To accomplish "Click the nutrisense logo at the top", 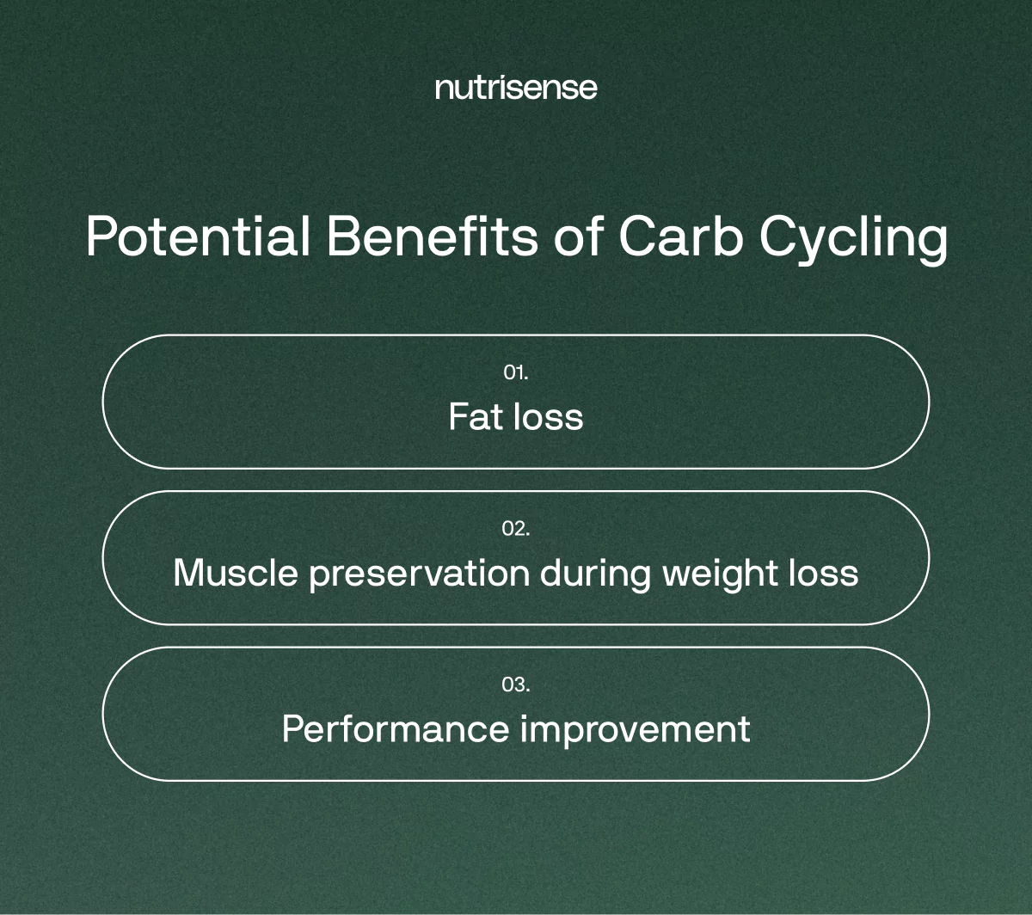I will (x=516, y=88).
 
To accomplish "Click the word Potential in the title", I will (x=198, y=236).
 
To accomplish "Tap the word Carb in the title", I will (x=679, y=236).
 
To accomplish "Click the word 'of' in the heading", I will (x=579, y=236).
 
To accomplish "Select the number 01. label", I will (x=516, y=372).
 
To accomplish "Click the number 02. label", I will (x=516, y=528).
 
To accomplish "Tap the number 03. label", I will (x=516, y=685).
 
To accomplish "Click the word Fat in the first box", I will (x=476, y=417).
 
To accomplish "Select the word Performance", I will (x=395, y=729).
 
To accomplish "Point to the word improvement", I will (x=635, y=729).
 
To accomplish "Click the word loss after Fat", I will (x=548, y=417).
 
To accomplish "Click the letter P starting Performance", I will (x=292, y=729).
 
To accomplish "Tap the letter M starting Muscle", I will (x=187, y=573).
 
